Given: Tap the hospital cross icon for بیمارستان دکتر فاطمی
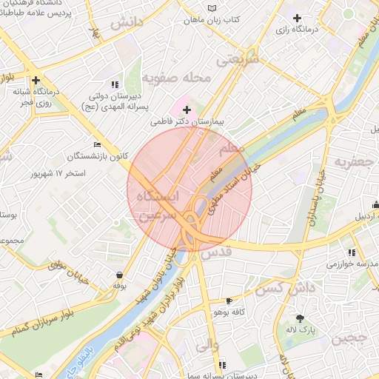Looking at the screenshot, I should (x=187, y=110).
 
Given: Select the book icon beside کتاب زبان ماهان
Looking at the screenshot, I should (x=214, y=7).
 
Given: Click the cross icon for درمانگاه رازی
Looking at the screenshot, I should (x=298, y=18).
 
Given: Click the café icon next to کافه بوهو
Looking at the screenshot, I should (x=228, y=301).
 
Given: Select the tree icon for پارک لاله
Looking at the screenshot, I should (x=300, y=318).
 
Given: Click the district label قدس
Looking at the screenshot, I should (x=217, y=252).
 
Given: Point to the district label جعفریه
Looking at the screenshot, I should (x=351, y=161).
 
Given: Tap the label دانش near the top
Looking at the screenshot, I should (x=126, y=23).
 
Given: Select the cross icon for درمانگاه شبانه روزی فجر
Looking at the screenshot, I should (x=35, y=80).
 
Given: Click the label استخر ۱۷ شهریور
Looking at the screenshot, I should (x=58, y=174).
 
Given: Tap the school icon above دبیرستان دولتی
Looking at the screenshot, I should (x=114, y=84).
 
